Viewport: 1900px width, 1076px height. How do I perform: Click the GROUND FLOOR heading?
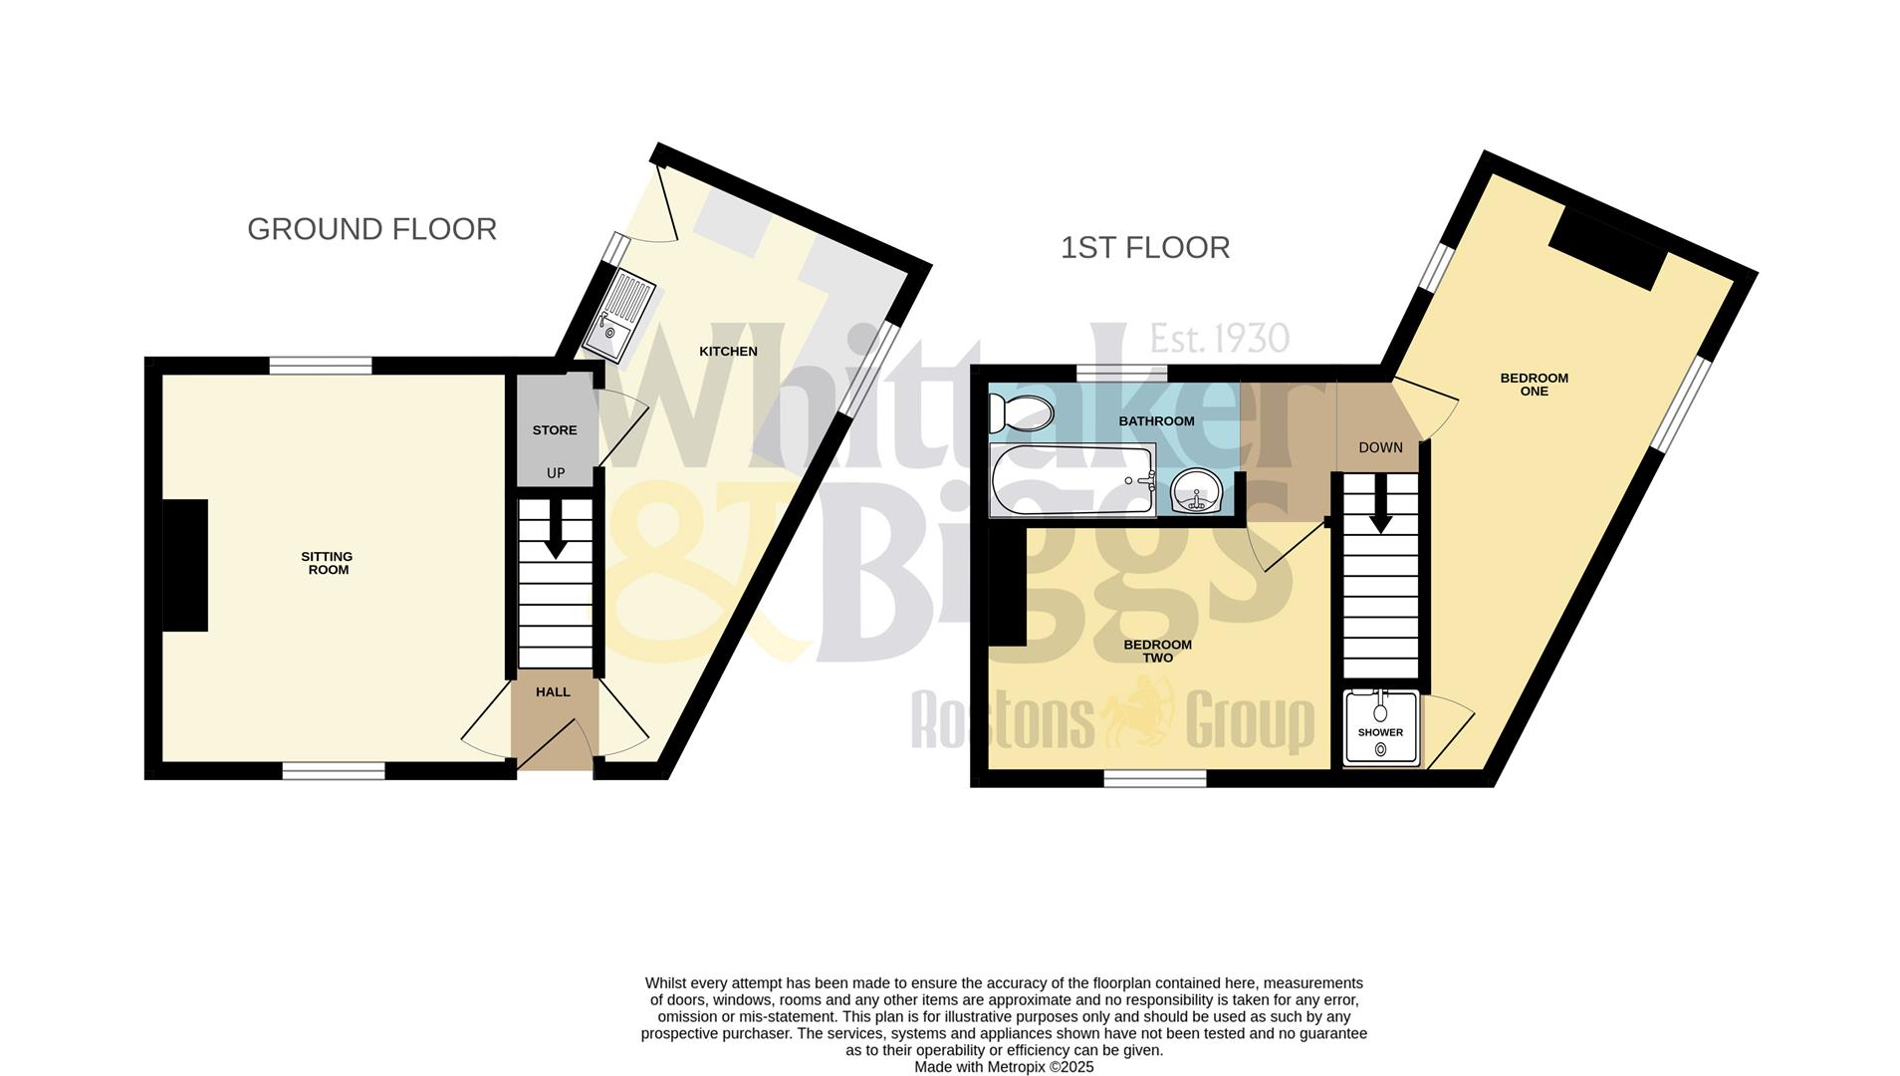click(x=371, y=229)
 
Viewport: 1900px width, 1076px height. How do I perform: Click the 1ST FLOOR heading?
click(x=1144, y=247)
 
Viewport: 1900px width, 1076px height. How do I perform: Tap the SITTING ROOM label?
click(x=328, y=563)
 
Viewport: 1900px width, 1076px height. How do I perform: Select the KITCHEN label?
click(x=728, y=351)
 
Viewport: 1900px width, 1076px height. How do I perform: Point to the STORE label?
click(x=555, y=430)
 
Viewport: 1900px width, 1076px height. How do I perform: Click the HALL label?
click(x=553, y=691)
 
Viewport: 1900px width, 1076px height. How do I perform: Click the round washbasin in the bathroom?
click(x=1196, y=490)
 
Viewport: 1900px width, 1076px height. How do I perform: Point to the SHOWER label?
click(x=1380, y=732)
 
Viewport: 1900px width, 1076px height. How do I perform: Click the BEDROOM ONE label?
click(x=1534, y=385)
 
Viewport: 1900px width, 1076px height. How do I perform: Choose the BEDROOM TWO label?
click(x=1157, y=651)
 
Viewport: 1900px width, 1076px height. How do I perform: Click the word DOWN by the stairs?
click(x=1380, y=447)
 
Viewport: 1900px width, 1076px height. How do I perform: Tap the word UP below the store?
click(x=556, y=473)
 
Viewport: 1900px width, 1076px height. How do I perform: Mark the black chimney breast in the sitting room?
click(x=185, y=565)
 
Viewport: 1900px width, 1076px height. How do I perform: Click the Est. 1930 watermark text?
click(x=1219, y=339)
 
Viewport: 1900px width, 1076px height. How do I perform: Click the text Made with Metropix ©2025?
click(x=1004, y=1067)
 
